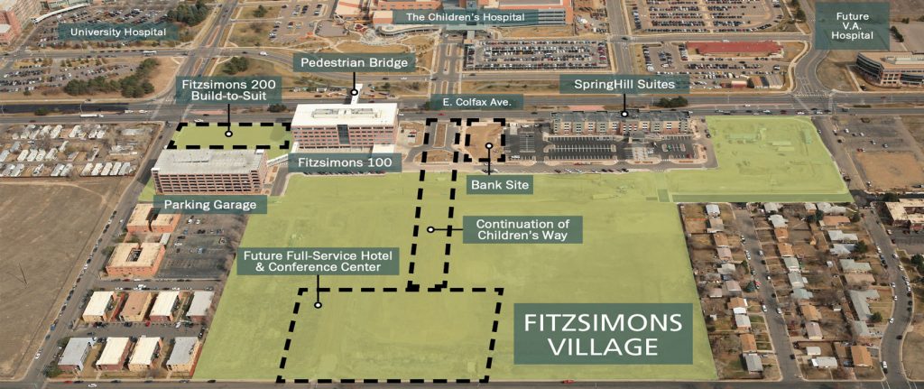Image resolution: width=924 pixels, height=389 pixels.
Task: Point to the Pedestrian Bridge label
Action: tap(356, 62)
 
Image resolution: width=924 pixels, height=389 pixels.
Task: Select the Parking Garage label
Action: tap(210, 205)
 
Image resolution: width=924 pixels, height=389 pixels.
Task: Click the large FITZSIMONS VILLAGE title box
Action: tap(603, 333)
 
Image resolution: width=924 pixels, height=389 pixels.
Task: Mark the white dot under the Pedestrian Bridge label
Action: tap(355, 90)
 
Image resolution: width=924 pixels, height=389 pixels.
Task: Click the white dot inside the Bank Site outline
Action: tap(488, 146)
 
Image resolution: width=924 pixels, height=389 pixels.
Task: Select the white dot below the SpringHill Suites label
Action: tap(624, 114)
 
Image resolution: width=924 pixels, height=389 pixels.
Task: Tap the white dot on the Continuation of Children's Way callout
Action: tap(430, 229)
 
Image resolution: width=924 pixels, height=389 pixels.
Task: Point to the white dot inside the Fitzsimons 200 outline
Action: tap(229, 134)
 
